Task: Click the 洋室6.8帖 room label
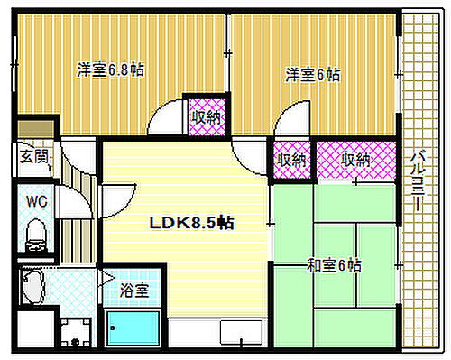110,69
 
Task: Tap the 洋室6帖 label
313,75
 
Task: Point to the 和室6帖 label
334,266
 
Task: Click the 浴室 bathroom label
135,291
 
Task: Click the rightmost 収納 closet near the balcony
355,160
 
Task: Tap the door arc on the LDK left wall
115,196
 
